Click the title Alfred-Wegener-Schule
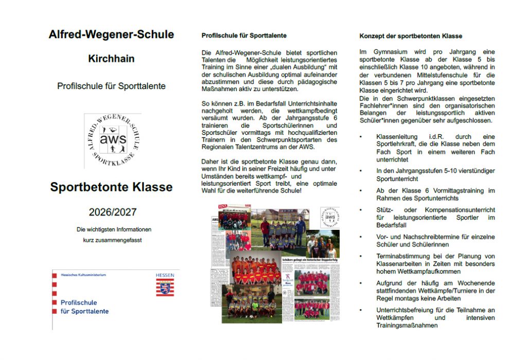(111, 35)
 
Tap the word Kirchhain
(111, 59)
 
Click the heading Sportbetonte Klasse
(111, 187)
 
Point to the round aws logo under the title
(113, 140)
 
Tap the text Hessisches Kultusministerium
(83, 275)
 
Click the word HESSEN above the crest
(165, 275)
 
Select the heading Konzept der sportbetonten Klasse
(411, 36)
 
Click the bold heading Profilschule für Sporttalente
(244, 35)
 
